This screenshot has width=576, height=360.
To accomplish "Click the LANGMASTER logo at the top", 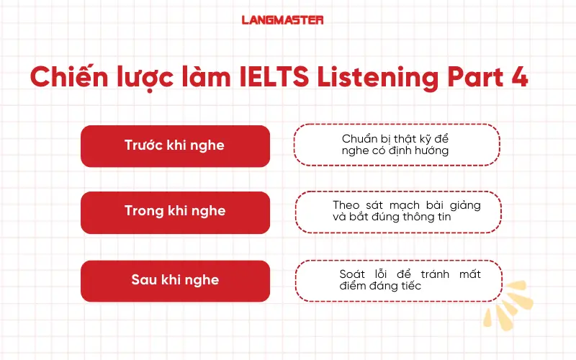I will click(x=282, y=20).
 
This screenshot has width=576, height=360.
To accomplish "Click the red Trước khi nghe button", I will click(x=175, y=145).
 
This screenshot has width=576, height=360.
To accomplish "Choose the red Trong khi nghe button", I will click(x=175, y=212).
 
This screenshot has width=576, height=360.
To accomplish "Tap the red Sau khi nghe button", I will click(x=175, y=280).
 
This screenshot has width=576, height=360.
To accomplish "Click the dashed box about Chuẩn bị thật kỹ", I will click(x=396, y=145).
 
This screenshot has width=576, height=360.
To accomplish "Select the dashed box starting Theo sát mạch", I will click(x=398, y=212).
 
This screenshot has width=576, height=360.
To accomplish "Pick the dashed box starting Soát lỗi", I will click(x=398, y=280).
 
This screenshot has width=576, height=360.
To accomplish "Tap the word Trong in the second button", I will click(x=143, y=212).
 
